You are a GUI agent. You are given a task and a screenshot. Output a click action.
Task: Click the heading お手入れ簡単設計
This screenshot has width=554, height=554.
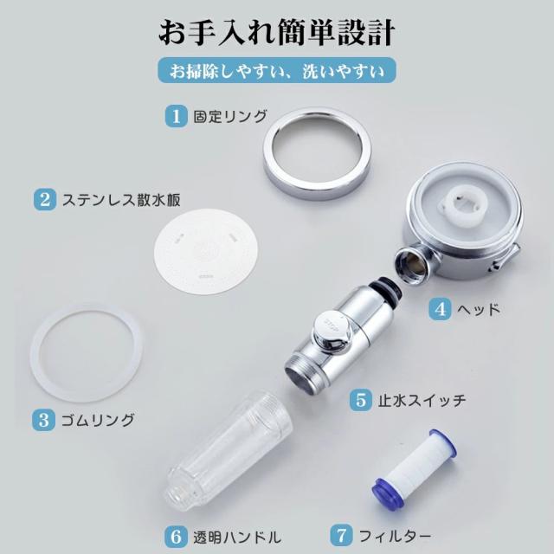pos(277,33)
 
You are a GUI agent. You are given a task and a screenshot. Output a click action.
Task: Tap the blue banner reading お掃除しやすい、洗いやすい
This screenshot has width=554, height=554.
pos(277,70)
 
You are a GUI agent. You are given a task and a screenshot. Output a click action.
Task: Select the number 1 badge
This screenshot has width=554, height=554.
pos(177,116)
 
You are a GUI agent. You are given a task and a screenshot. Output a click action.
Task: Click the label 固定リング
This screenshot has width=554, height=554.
pos(230,116)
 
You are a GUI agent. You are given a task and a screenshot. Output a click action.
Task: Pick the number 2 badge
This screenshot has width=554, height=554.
pos(45,199)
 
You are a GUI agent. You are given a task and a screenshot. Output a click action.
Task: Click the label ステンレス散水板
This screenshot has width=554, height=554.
pos(121,200)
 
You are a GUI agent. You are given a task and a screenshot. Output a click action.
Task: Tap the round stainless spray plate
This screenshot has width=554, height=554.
pos(206,252)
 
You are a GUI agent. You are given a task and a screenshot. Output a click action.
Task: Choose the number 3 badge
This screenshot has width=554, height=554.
pos(43,420)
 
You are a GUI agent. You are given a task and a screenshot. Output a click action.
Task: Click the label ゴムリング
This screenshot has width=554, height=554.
pos(98,420)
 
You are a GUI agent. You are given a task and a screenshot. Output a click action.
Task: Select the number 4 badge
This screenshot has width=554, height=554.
pos(440,309)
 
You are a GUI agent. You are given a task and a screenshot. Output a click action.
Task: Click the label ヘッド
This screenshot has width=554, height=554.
pos(479,310)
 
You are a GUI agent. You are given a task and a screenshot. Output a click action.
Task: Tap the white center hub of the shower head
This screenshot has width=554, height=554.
pos(463,204)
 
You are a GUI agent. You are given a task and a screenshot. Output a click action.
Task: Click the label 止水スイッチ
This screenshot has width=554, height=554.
pos(422,400)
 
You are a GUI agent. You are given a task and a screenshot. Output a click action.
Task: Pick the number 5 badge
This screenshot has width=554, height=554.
pos(361,400)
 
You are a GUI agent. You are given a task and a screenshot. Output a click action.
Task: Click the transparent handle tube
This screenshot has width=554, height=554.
pos(229,448)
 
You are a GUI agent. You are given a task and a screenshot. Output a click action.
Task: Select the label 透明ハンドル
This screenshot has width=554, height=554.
pos(237,537)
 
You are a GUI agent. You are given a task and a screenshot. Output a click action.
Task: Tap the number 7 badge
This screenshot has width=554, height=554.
pos(341,535)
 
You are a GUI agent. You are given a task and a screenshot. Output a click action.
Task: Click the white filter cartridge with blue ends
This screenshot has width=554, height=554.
pos(414,468)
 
